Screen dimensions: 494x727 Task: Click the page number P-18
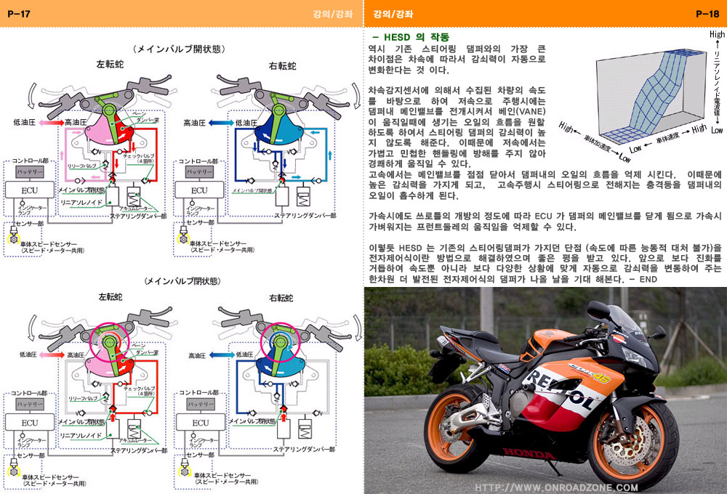[x=707, y=13]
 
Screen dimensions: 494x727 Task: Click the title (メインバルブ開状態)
[x=178, y=49]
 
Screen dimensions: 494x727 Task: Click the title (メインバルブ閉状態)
[x=178, y=280]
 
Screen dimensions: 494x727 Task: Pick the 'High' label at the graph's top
[x=717, y=33]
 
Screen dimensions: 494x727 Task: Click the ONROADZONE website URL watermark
[x=557, y=487]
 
